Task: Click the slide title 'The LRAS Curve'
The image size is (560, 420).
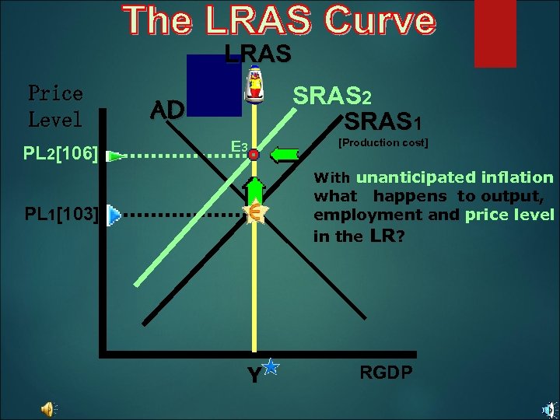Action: click(279, 21)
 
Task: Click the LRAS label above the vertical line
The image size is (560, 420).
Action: click(257, 54)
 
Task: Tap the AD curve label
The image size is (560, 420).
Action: click(166, 110)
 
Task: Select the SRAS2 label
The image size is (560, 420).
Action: click(332, 97)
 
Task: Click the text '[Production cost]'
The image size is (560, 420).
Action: click(383, 143)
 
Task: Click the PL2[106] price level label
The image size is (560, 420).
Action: click(61, 153)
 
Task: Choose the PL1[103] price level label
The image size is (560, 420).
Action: click(61, 214)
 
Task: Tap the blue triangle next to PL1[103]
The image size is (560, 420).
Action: click(114, 215)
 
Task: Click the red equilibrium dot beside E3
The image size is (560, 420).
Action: click(254, 155)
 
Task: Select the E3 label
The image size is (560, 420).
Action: click(238, 148)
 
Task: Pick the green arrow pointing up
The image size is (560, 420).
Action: click(254, 190)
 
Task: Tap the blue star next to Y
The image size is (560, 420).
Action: click(271, 366)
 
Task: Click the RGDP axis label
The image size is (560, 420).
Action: click(386, 373)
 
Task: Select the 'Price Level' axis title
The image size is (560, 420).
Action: click(55, 107)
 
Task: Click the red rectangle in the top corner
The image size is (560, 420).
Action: click(495, 33)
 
